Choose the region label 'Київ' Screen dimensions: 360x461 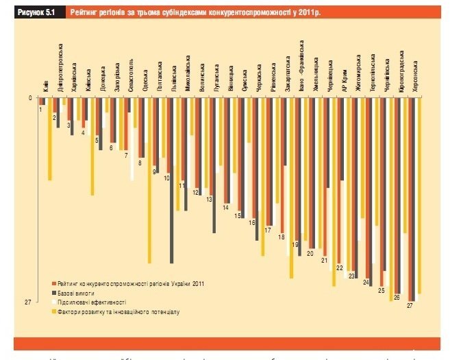[45, 86]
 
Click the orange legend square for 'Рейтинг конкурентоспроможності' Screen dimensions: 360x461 [54, 282]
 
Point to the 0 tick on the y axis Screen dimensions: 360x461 [29, 97]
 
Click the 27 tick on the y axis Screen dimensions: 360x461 [29, 302]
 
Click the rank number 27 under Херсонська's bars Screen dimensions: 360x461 [410, 306]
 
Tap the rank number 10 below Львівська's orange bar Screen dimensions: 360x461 [166, 178]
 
